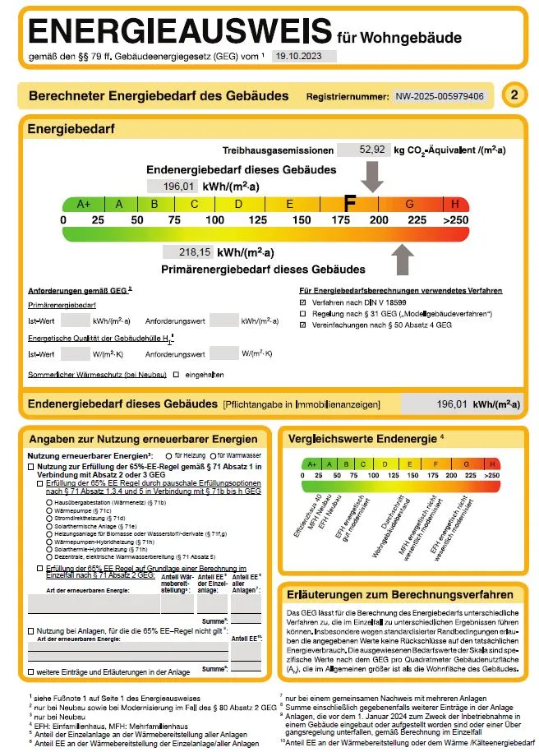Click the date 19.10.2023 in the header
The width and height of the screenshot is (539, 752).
(294, 56)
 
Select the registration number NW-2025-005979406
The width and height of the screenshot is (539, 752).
(439, 96)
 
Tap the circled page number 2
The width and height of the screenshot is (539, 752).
(514, 95)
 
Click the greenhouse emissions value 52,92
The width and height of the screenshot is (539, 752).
(373, 150)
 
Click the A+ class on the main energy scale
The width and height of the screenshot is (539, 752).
(84, 204)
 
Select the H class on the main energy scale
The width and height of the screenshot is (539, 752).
(455, 204)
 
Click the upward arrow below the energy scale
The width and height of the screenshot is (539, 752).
(403, 260)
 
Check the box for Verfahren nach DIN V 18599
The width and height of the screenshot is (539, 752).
(303, 302)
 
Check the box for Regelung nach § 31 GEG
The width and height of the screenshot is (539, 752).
(303, 314)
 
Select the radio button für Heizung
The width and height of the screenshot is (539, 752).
(168, 454)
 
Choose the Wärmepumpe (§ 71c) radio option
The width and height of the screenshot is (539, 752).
(50, 511)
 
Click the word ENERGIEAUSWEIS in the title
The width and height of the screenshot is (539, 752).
(181, 32)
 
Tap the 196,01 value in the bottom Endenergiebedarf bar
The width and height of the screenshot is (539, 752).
(452, 404)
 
